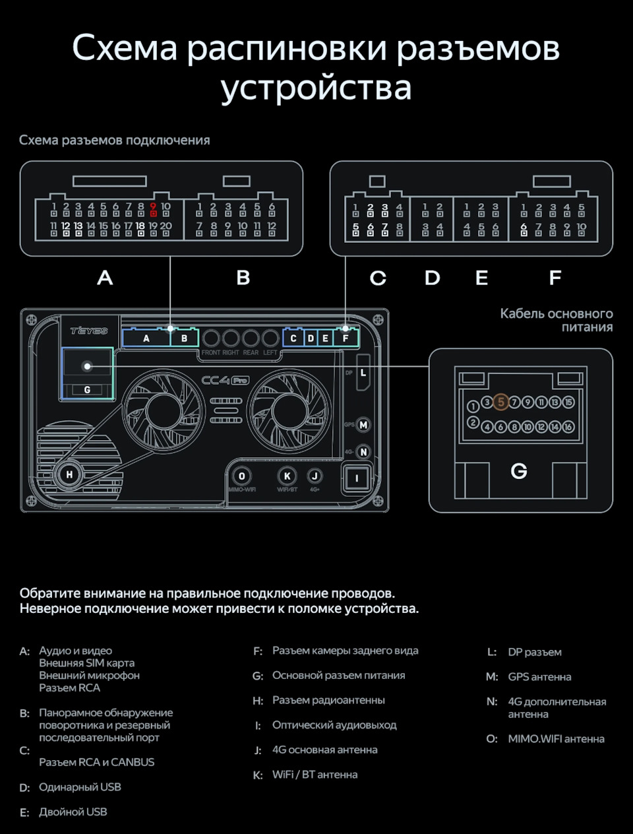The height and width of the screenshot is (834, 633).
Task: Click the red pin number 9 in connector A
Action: tap(153, 207)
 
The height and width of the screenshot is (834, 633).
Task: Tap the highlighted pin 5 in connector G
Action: tap(500, 402)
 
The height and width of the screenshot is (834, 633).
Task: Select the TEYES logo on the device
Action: tap(88, 331)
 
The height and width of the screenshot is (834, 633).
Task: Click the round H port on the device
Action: tap(69, 474)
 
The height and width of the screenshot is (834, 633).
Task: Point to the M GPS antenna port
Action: tap(363, 425)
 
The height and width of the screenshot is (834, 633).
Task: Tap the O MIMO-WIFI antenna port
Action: tap(242, 476)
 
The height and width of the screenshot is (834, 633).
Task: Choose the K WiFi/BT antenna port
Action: tap(287, 476)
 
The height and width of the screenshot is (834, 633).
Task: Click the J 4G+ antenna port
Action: tap(315, 476)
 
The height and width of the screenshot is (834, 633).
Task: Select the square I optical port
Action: tap(357, 478)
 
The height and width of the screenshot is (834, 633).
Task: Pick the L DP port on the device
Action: tap(363, 373)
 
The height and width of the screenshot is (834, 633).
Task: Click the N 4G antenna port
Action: tap(363, 452)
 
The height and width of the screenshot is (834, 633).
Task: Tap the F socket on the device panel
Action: tap(345, 338)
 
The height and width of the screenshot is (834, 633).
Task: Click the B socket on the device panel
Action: tap(185, 338)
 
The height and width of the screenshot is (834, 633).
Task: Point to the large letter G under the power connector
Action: tap(519, 471)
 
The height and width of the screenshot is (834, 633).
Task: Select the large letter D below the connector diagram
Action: tap(432, 278)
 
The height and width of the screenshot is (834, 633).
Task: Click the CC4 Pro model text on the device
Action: tap(225, 381)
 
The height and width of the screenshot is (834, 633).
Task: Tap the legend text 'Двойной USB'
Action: tap(73, 812)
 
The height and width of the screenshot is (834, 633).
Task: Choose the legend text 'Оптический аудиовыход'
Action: tap(334, 725)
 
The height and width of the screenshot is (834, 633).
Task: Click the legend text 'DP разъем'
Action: tap(535, 652)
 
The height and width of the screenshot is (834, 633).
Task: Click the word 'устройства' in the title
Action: tap(316, 88)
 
